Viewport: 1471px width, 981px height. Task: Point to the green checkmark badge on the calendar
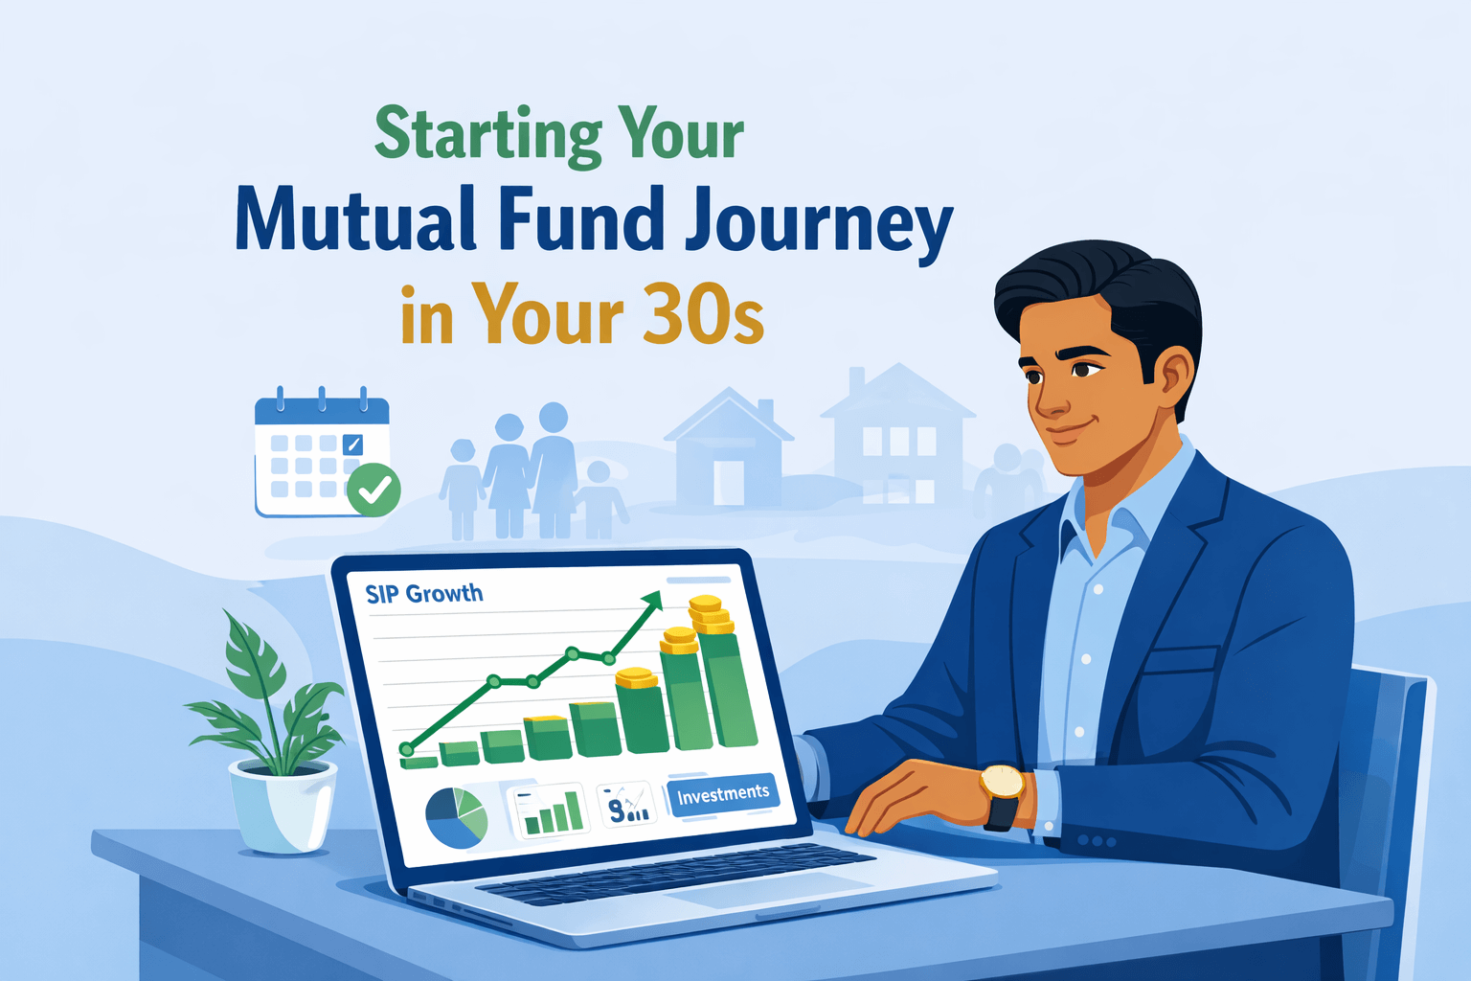point(373,490)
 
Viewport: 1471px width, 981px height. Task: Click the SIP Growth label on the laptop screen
point(424,594)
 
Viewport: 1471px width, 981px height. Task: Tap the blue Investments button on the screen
point(723,794)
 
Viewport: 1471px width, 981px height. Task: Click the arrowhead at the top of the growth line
point(652,601)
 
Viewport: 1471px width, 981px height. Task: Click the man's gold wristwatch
point(1002,783)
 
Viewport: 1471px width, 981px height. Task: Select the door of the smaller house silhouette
point(728,482)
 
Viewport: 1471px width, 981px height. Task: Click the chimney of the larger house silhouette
point(856,380)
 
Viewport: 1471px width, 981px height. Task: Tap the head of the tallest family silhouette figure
point(553,418)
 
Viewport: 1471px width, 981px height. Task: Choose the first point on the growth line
point(407,749)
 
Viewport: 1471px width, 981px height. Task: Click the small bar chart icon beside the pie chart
point(552,811)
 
